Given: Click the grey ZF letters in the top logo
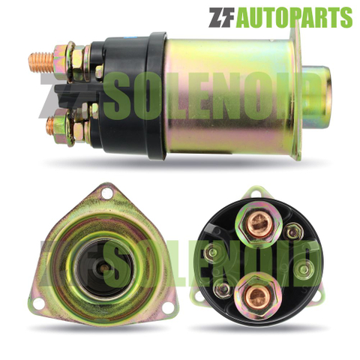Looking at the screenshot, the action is point(221,17).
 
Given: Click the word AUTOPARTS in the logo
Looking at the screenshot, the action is point(295,17).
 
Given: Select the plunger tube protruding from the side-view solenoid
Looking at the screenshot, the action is point(316,97).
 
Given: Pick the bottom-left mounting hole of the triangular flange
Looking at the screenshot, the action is point(38,304).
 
